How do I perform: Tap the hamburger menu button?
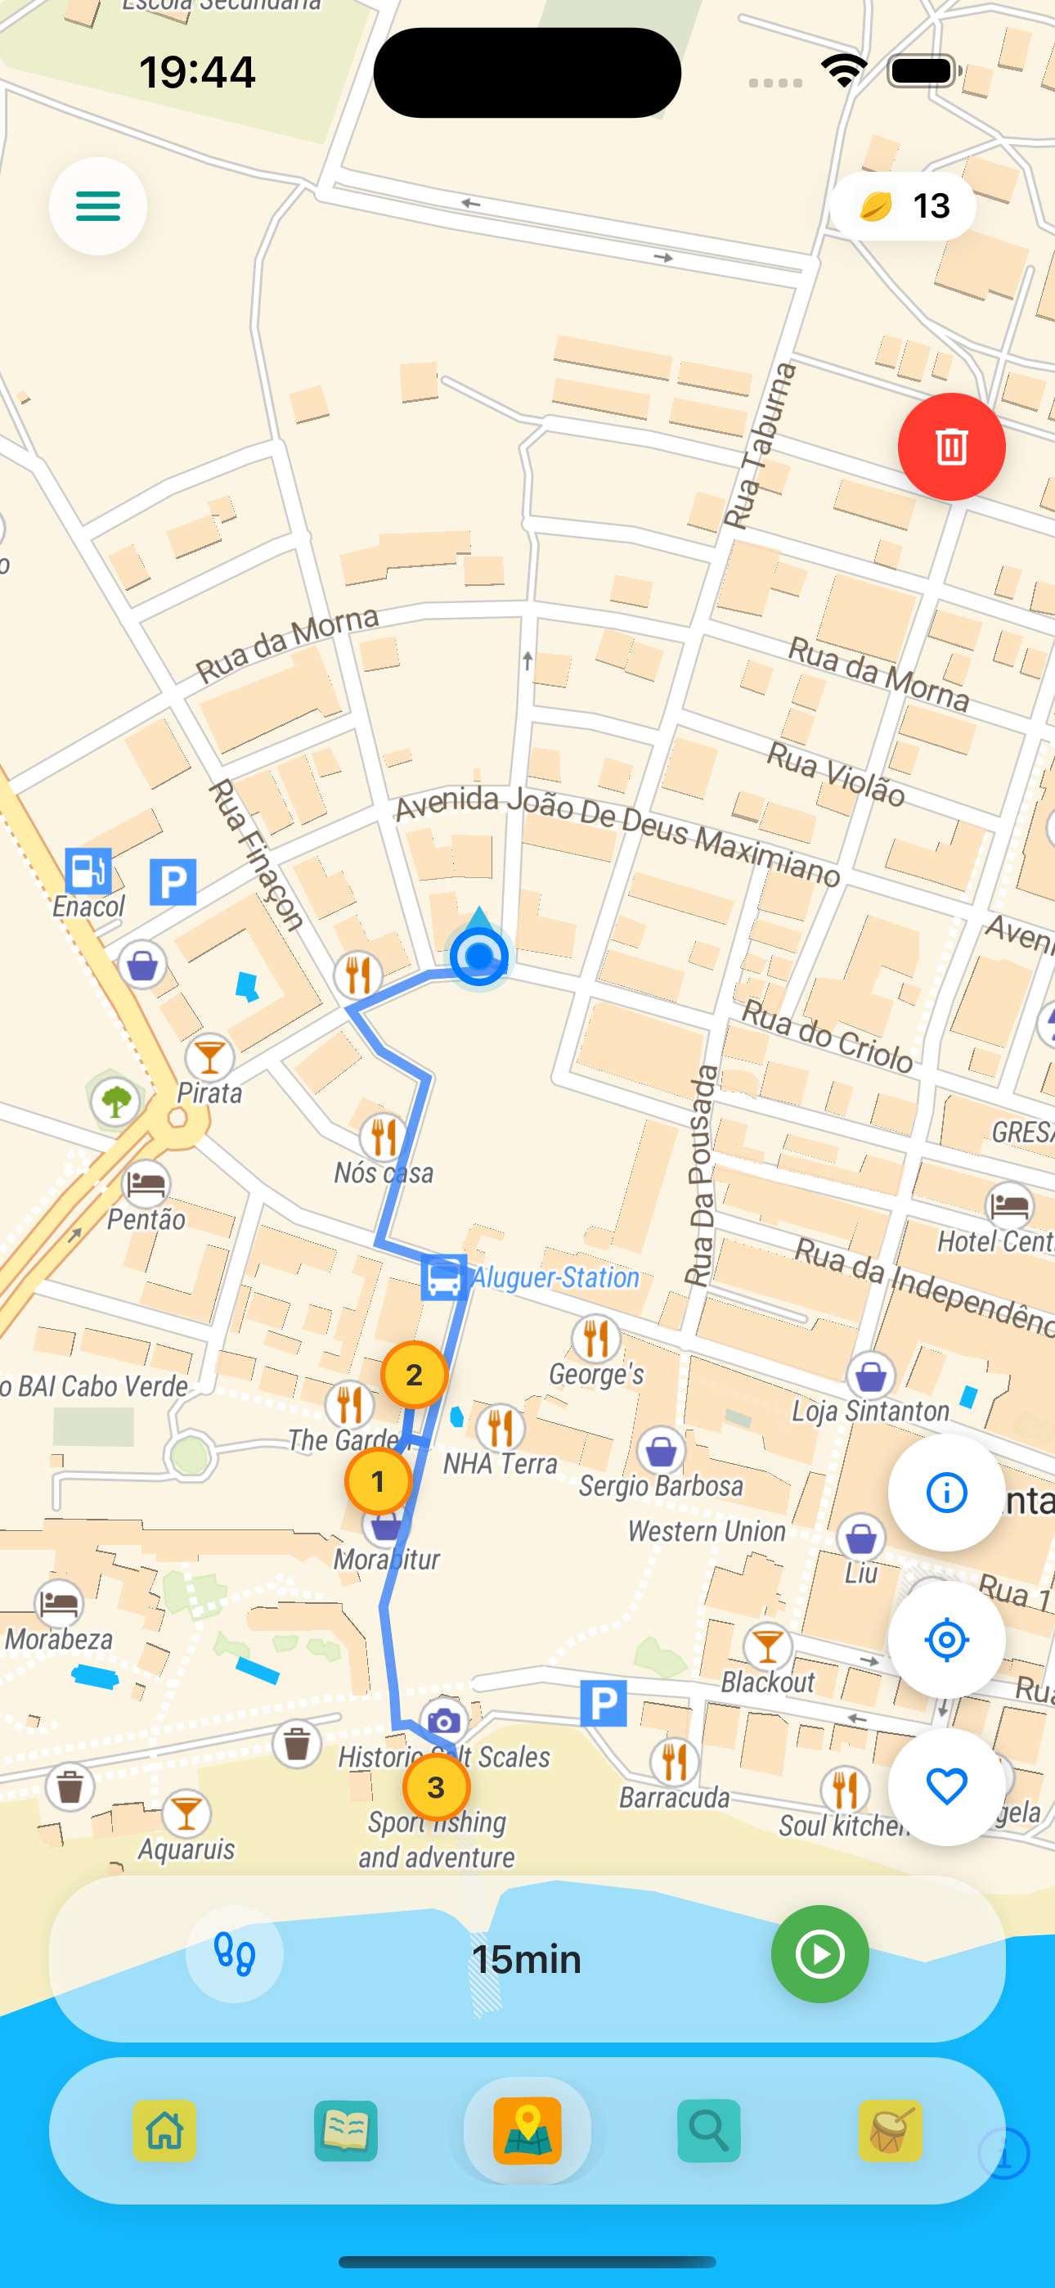(x=97, y=206)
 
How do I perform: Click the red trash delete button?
(x=951, y=447)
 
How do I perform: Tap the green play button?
(x=819, y=1954)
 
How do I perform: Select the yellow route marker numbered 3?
(x=436, y=1787)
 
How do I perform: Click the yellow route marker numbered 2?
(x=414, y=1375)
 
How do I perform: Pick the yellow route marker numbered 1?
(x=379, y=1481)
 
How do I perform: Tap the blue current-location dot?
(x=478, y=957)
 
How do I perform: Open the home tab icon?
(x=165, y=2131)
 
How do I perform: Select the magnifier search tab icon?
(x=709, y=2131)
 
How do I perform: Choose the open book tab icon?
(x=346, y=2131)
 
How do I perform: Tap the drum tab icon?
(x=891, y=2131)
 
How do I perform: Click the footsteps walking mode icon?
(x=235, y=1954)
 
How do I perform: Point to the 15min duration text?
(x=527, y=1959)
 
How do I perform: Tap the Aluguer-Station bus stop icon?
(x=444, y=1277)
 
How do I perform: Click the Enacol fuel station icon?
(x=88, y=871)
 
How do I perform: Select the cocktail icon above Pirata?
(x=209, y=1057)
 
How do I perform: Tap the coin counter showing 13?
(x=902, y=206)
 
